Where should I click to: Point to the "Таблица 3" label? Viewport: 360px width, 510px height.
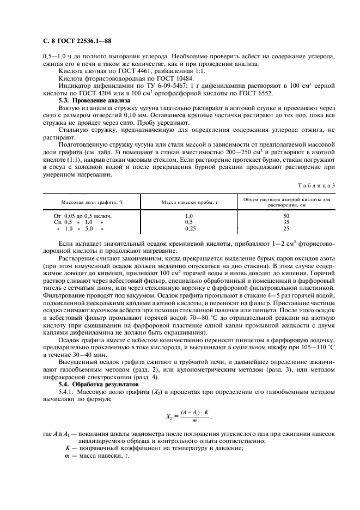[x=318, y=185]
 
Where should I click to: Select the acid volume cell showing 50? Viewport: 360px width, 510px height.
[x=286, y=216]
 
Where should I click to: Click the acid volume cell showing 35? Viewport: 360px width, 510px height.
[x=286, y=223]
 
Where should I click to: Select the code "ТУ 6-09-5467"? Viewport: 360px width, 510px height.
[x=151, y=87]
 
